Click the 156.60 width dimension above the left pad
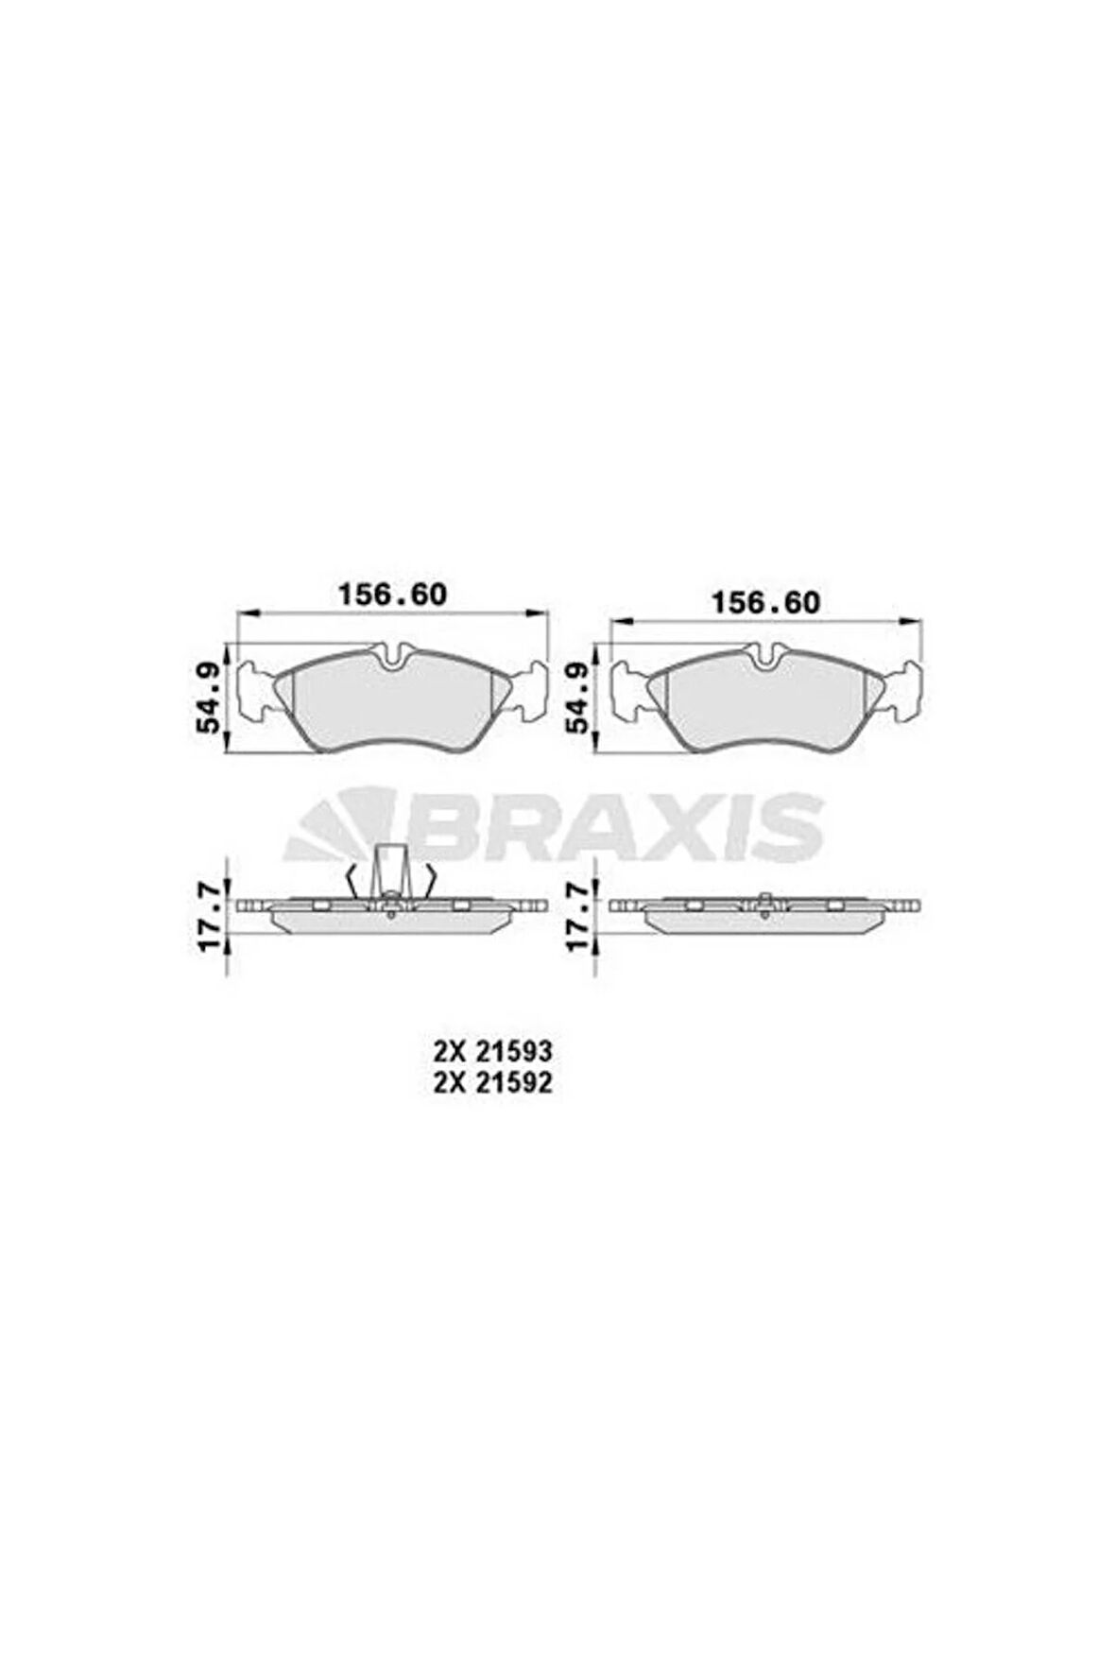(392, 595)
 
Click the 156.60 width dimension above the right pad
(765, 602)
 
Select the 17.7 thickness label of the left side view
(210, 915)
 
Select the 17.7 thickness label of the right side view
(579, 915)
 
